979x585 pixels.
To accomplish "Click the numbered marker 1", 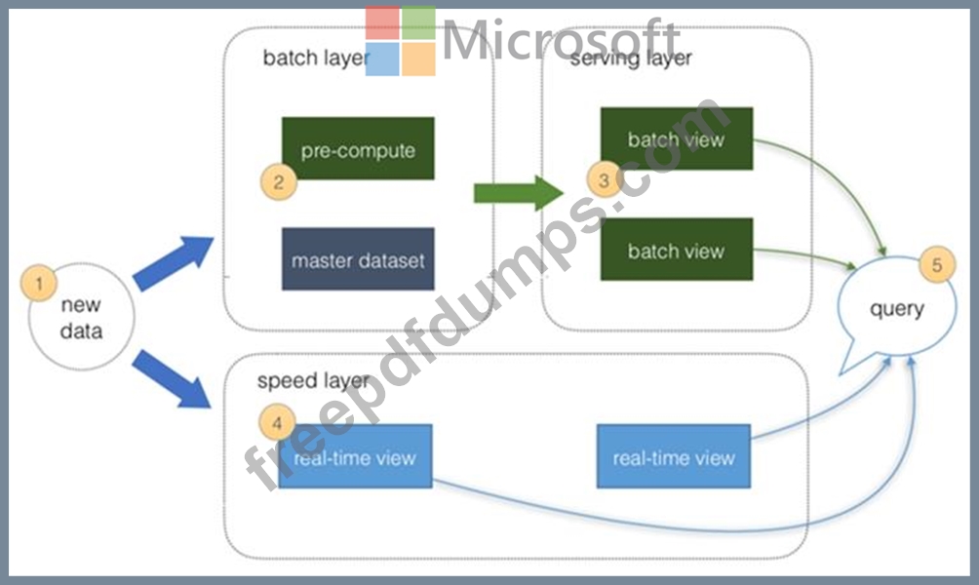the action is (39, 283).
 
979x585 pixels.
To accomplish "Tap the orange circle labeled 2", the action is (279, 181).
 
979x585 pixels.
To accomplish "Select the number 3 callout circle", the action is (605, 179).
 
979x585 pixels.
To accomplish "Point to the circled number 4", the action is (277, 423).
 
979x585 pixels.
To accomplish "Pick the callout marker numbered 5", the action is (937, 265).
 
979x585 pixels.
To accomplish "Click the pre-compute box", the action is (358, 148).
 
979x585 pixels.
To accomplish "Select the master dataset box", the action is (358, 259).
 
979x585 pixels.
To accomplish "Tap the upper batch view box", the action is (677, 138).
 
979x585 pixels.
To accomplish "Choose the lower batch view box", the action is (677, 249).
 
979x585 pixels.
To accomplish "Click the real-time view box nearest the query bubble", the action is (674, 456).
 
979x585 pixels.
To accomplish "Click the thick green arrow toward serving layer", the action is (518, 193).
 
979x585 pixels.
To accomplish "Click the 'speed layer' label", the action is (313, 381).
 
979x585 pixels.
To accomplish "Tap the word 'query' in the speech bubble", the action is (896, 309).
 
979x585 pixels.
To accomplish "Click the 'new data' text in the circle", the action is (81, 318).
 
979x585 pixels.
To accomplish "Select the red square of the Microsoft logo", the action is (382, 23).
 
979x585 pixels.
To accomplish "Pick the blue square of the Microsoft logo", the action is (382, 59).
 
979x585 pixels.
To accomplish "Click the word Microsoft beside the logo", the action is (562, 39).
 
